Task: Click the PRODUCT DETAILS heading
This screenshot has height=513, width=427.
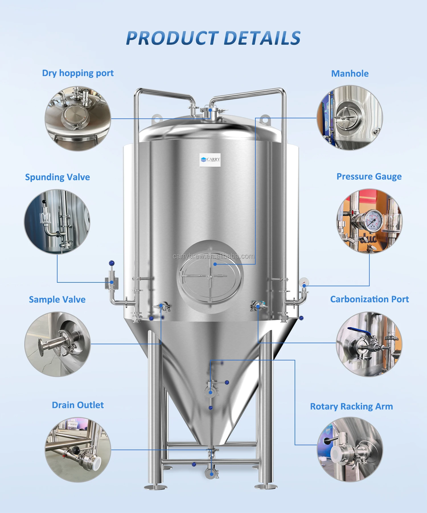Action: click(213, 38)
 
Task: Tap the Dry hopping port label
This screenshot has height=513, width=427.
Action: click(78, 73)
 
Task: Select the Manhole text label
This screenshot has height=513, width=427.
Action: click(350, 74)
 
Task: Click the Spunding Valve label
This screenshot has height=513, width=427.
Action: click(58, 177)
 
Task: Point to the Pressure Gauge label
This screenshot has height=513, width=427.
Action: click(369, 177)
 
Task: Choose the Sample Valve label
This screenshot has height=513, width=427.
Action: click(57, 299)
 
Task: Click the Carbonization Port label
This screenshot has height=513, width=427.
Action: click(369, 299)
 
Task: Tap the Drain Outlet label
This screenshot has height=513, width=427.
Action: click(78, 405)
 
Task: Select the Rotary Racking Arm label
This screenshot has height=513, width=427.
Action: click(351, 407)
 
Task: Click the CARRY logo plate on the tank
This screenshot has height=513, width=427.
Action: click(210, 160)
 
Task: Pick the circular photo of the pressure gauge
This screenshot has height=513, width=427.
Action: click(369, 221)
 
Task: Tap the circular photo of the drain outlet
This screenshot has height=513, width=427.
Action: click(78, 450)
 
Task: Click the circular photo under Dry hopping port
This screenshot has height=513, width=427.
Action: click(78, 118)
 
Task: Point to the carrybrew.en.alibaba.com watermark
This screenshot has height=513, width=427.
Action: click(213, 256)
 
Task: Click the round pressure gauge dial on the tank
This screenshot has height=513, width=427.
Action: click(304, 282)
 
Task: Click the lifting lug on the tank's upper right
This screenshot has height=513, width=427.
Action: click(264, 119)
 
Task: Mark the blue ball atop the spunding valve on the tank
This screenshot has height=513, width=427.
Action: click(112, 263)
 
